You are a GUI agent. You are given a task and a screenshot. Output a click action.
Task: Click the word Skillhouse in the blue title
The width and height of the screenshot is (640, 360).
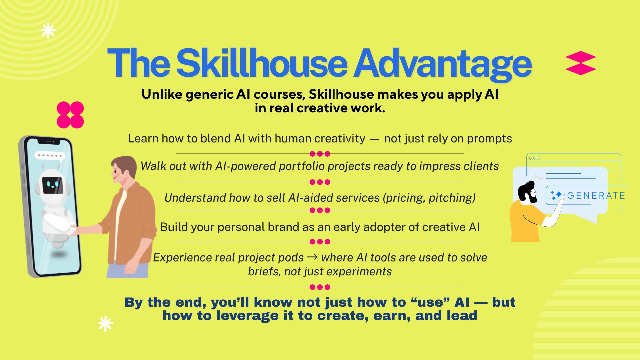point(262,63)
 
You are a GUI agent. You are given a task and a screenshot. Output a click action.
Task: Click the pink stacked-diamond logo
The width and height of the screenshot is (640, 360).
point(581,63)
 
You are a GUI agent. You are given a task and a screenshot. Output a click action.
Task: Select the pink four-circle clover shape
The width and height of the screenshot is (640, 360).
point(70,115)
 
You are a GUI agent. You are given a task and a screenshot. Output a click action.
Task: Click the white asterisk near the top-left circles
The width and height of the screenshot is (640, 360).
point(48,31)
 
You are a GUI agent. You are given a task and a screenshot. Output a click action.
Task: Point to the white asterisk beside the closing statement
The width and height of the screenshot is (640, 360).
point(106,324)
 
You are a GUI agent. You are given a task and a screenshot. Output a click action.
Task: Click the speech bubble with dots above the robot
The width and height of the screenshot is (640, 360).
point(50,156)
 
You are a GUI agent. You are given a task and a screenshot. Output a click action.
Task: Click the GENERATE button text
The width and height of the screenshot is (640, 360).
point(596,195)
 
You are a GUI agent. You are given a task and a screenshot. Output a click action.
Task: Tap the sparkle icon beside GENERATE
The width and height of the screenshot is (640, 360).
point(556,195)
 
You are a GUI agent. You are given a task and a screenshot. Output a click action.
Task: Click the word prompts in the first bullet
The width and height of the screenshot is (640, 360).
point(489,139)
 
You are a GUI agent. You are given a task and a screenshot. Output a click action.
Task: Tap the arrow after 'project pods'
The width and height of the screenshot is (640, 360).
point(312,257)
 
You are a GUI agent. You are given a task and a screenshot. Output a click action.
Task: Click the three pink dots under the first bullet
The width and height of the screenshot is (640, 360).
point(320,154)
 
